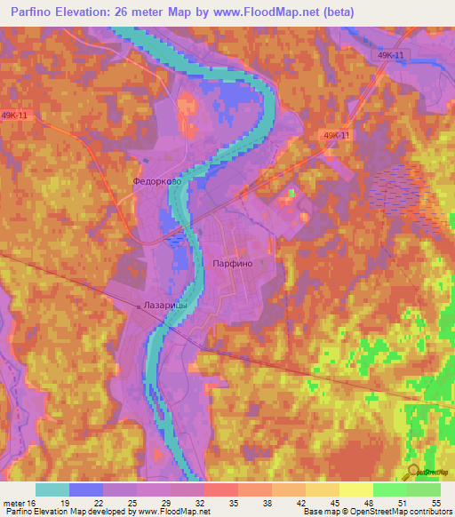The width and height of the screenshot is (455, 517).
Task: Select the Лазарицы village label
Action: click(164, 305)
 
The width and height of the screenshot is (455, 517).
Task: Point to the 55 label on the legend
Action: click(435, 502)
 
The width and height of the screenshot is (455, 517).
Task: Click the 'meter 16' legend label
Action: click(20, 502)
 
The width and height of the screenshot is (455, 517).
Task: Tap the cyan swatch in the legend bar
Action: click(52, 489)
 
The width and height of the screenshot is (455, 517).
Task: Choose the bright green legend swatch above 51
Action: click(389, 489)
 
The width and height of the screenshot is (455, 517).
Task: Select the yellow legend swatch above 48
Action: click(355, 489)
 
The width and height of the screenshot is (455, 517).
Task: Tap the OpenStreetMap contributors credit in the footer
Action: click(402, 512)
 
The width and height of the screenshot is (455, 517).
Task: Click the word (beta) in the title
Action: click(336, 12)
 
